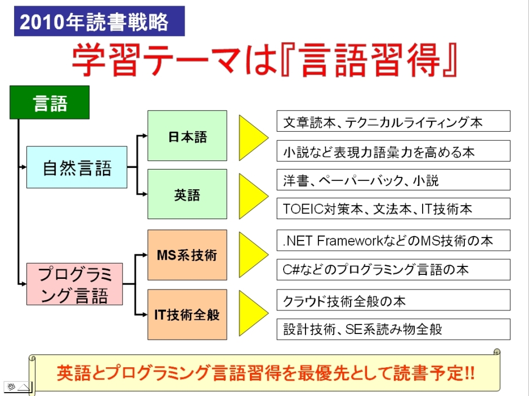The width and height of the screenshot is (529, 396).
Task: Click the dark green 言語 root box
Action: point(50,103)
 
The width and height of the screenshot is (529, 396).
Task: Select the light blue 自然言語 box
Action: point(77,167)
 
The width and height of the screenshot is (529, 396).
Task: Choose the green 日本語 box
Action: point(187,136)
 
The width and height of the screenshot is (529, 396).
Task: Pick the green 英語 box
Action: point(187,194)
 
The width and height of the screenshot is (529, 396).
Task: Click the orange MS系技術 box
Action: point(187,255)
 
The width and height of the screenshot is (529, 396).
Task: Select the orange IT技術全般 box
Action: point(187,314)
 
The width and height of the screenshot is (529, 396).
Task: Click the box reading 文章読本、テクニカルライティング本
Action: point(393,121)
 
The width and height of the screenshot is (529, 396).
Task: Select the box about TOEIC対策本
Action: point(393,208)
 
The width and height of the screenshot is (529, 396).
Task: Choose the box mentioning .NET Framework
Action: point(393,241)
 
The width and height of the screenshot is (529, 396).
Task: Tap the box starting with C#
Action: point(393,270)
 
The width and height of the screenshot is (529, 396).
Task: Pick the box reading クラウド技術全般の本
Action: point(393,300)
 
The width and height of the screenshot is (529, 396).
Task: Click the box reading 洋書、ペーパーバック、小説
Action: point(393,180)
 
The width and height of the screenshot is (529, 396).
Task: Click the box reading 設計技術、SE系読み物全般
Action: point(393,329)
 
